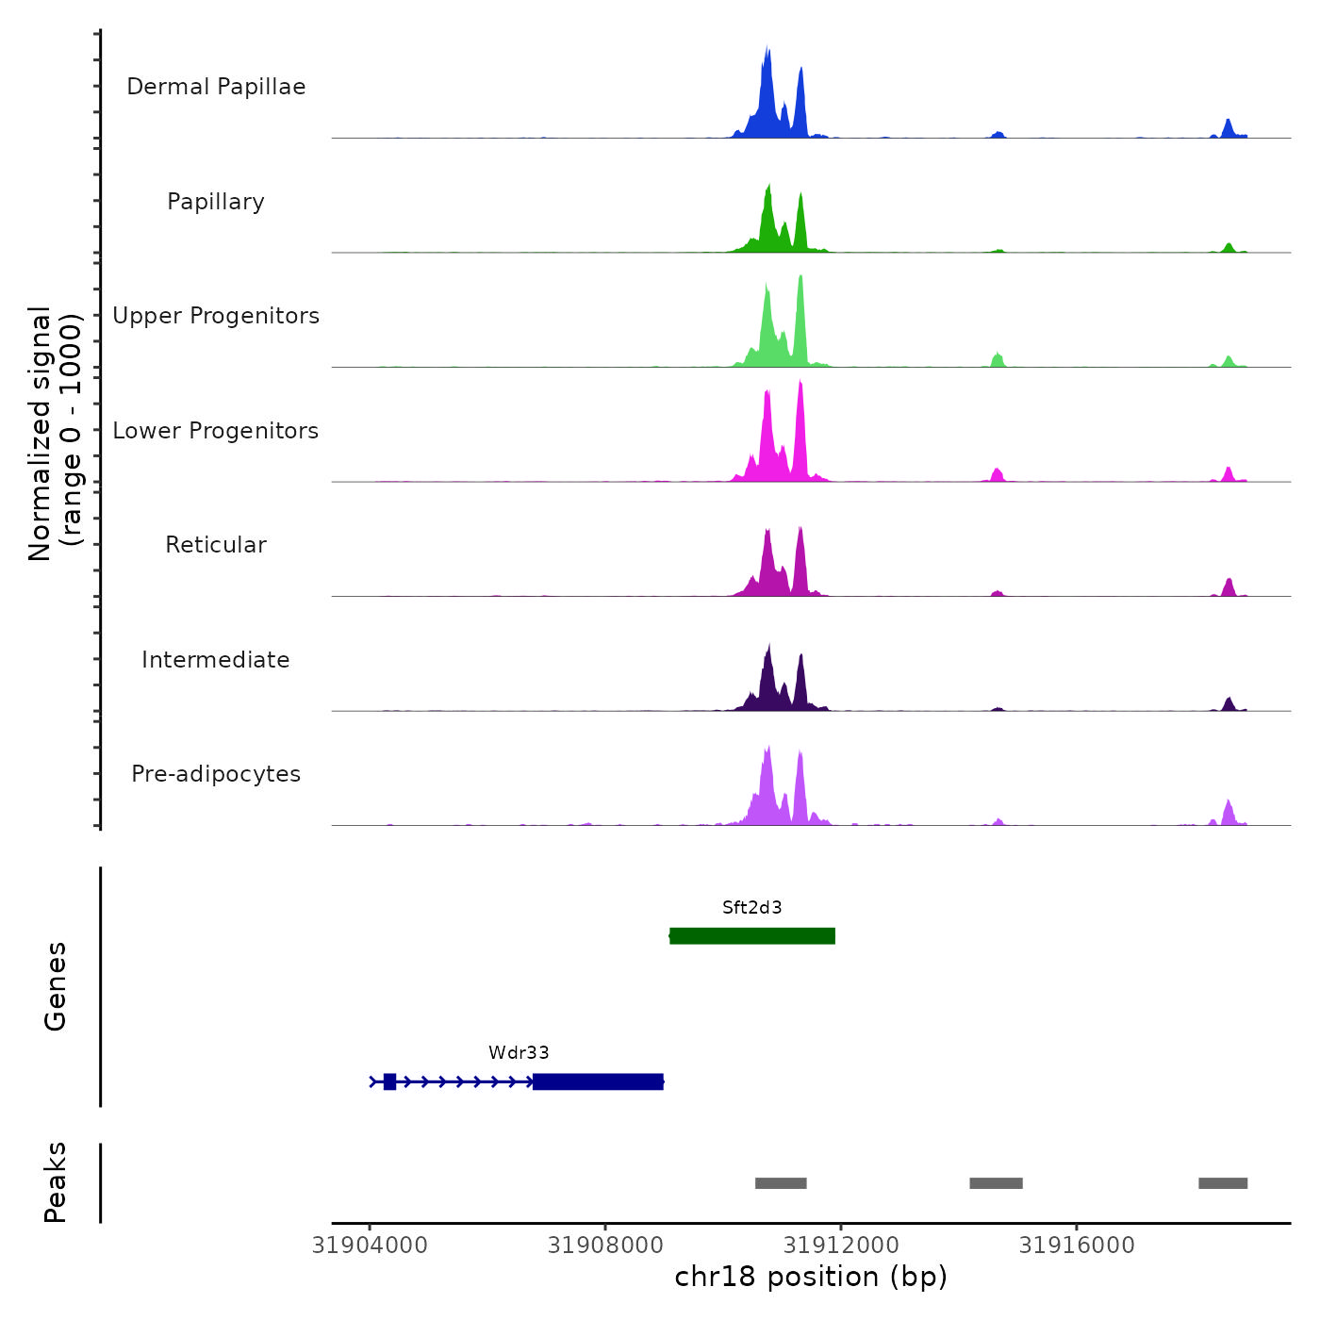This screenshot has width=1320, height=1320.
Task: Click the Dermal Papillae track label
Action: click(x=216, y=87)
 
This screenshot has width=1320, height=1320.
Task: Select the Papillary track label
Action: click(x=216, y=202)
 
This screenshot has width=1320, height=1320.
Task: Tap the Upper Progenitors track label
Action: click(x=216, y=316)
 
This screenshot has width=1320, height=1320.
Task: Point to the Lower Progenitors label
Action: click(x=216, y=431)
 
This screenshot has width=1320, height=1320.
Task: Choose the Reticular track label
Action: click(x=216, y=545)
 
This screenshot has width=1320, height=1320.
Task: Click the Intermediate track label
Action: click(x=216, y=660)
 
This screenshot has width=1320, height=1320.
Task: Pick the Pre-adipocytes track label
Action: click(x=216, y=774)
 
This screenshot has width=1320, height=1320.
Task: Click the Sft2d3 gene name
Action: click(x=751, y=908)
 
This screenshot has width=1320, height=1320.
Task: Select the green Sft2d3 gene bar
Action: click(x=751, y=936)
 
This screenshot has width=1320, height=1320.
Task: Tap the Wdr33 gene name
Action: click(x=519, y=1053)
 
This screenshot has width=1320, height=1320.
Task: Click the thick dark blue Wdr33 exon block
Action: click(x=598, y=1081)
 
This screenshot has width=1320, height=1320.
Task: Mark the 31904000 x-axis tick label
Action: click(x=370, y=1246)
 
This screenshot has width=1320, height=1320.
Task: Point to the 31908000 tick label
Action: click(x=605, y=1246)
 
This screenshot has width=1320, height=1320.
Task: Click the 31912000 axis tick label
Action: click(x=841, y=1246)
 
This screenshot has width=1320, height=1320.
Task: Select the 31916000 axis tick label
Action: click(x=1077, y=1246)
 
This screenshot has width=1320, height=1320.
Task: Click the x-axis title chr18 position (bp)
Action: click(x=811, y=1277)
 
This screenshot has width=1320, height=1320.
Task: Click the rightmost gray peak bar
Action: click(x=1223, y=1183)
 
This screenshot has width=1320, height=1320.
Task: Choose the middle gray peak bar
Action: click(x=996, y=1183)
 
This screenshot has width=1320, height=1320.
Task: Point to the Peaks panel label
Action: click(x=56, y=1182)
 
